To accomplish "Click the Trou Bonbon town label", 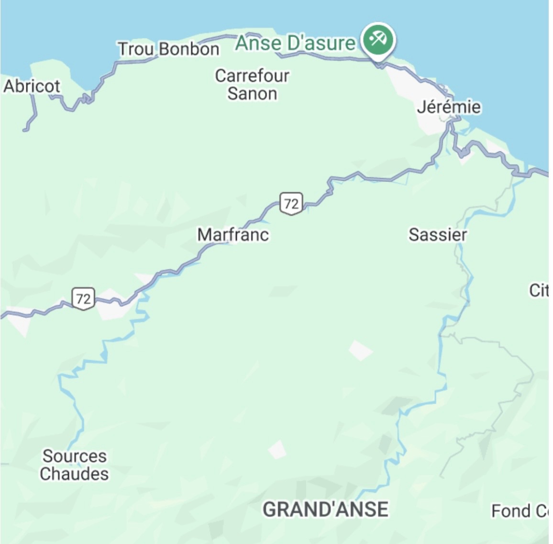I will coord(168,49).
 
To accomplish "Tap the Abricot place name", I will coord(32,86).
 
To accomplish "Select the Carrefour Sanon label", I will coord(252,84).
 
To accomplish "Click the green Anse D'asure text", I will coord(295,43).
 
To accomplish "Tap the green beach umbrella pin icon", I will coord(378,39).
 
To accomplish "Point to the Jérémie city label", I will coord(448,107).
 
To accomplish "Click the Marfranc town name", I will coord(233,234).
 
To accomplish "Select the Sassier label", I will coord(437,234).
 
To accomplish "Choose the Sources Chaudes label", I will coord(74,465).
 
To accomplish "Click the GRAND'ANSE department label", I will coord(325,509).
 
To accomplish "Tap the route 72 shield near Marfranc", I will coord(291,204).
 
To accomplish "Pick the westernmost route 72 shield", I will coord(83,299).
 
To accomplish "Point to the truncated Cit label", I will coord(539,290).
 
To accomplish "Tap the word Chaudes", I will coord(74,474).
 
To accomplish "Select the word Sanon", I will coord(252,93).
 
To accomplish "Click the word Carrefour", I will coord(252,76).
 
